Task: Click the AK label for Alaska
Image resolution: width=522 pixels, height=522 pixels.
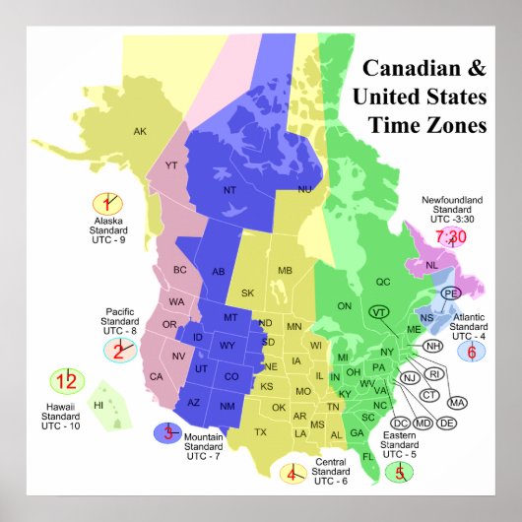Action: pos(140,131)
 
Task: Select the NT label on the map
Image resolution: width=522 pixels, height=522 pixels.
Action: pos(228,190)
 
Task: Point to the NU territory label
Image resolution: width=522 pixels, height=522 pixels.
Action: pos(304,188)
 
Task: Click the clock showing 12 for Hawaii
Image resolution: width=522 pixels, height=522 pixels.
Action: pos(67,382)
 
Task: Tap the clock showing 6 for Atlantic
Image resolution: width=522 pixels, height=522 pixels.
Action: pos(472,352)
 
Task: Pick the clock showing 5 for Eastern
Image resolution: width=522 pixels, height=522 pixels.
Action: pos(400,472)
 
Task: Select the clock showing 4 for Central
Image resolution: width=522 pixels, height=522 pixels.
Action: pos(292,474)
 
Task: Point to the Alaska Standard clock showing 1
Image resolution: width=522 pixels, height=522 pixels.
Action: pos(103,204)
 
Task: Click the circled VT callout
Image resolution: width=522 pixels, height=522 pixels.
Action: pos(378,311)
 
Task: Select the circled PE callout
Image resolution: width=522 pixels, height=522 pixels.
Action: pos(450,294)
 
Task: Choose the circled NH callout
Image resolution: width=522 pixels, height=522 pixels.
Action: pos(431,346)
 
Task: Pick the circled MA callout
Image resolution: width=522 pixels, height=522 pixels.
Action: pos(456,402)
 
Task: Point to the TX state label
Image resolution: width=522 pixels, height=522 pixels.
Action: pos(260,432)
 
